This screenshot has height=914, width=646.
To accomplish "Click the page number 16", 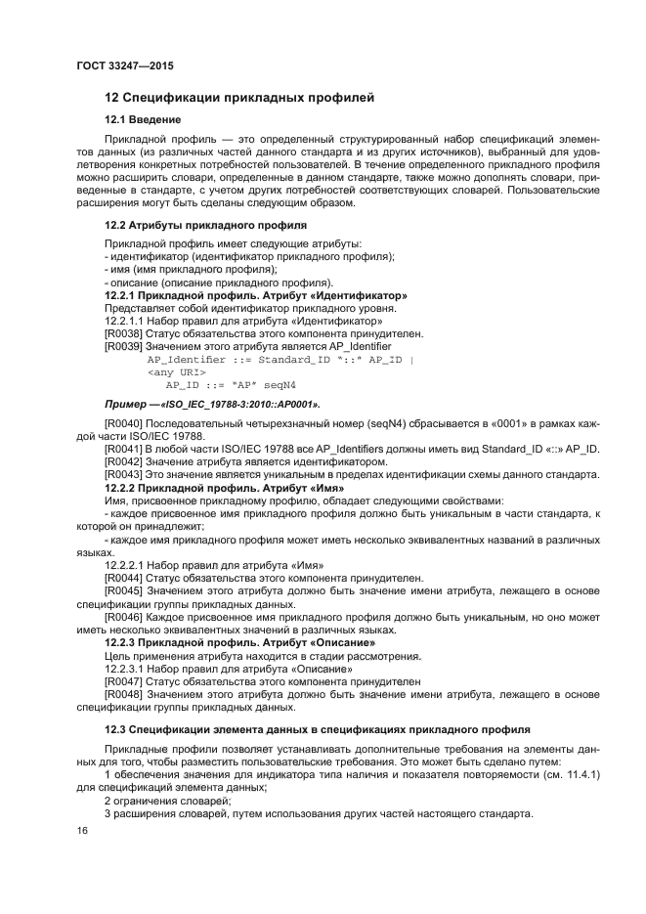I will click(82, 830).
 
